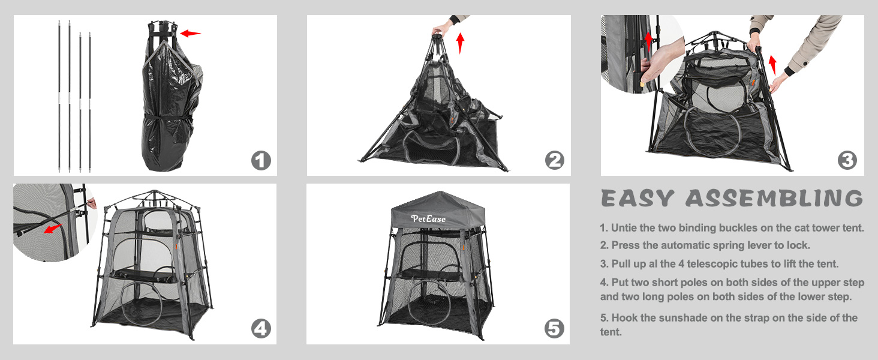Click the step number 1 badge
pyautogui.click(x=261, y=160)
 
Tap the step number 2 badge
pyautogui.click(x=555, y=160)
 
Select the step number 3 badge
pyautogui.click(x=847, y=160)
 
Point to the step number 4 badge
pyautogui.click(x=261, y=329)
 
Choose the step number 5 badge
pyautogui.click(x=554, y=329)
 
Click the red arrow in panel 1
pyautogui.click(x=191, y=34)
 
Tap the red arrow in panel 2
pyautogui.click(x=461, y=43)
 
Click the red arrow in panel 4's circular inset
pyautogui.click(x=53, y=229)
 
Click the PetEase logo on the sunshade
pyautogui.click(x=428, y=219)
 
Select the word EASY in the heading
pyautogui.click(x=638, y=198)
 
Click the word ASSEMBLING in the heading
pyautogui.click(x=774, y=198)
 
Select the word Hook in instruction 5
pyautogui.click(x=624, y=317)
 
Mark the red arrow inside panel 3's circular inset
pyautogui.click(x=648, y=41)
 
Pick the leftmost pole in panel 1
pyautogui.click(x=59, y=96)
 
